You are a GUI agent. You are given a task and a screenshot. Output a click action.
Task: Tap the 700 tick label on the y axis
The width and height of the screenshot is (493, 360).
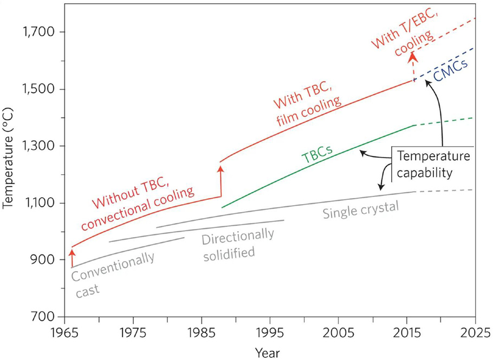pyautogui.click(x=44, y=317)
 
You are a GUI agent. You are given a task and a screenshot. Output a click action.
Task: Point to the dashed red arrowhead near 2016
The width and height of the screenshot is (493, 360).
pyautogui.click(x=413, y=57)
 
